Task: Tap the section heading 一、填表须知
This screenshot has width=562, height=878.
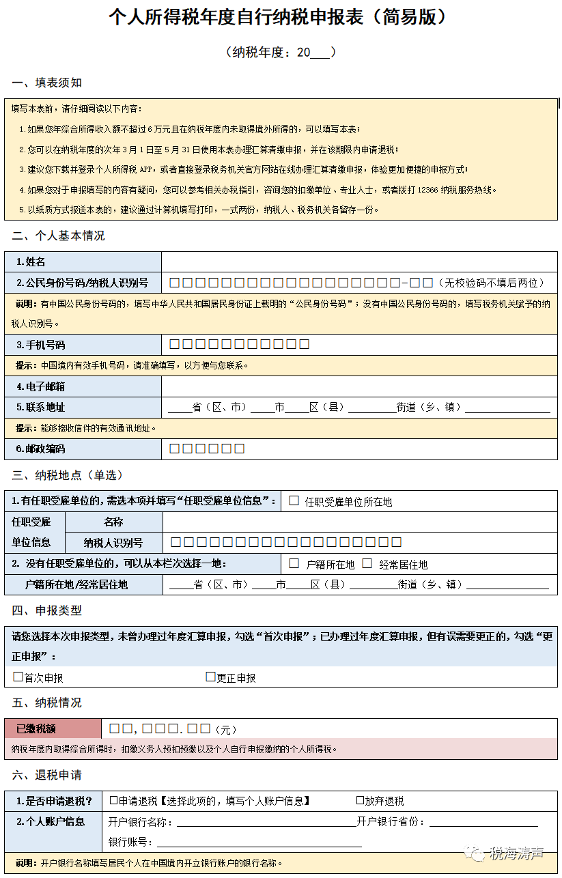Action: click(47, 83)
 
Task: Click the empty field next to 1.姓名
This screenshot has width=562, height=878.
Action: click(359, 261)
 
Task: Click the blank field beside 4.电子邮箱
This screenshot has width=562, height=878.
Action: click(359, 386)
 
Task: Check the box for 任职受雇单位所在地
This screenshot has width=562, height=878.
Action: click(294, 500)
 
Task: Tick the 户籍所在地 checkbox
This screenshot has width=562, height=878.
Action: click(294, 563)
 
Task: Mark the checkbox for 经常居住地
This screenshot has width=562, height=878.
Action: click(367, 563)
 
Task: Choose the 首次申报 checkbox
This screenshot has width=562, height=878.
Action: click(18, 677)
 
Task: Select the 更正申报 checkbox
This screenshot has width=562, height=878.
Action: click(211, 677)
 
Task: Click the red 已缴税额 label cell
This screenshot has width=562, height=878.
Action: click(53, 728)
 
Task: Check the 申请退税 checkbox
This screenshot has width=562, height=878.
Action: click(113, 799)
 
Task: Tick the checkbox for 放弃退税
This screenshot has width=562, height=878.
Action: click(360, 799)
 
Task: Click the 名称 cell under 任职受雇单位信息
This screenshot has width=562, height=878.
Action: click(113, 522)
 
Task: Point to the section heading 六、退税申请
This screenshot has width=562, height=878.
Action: click(47, 775)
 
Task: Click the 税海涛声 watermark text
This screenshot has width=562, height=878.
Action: click(516, 853)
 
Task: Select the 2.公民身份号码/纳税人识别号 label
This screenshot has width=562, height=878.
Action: click(83, 283)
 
